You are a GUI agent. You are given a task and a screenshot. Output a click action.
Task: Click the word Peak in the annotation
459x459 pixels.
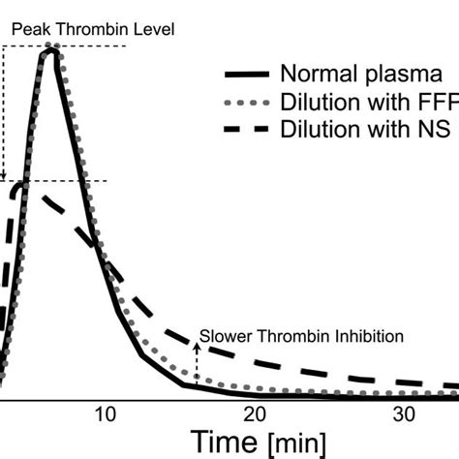click(29, 29)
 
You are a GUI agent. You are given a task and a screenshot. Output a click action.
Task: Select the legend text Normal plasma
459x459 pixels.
click(361, 74)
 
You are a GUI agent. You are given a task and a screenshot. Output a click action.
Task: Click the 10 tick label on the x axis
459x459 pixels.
click(106, 414)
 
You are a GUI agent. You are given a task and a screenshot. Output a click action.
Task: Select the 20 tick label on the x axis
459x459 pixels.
click(254, 414)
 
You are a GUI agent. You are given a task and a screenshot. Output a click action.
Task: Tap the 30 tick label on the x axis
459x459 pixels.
click(403, 414)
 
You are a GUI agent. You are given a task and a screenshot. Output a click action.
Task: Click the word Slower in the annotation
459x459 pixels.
click(222, 338)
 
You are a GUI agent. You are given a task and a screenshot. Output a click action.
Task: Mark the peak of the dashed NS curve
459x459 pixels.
click(23, 182)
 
